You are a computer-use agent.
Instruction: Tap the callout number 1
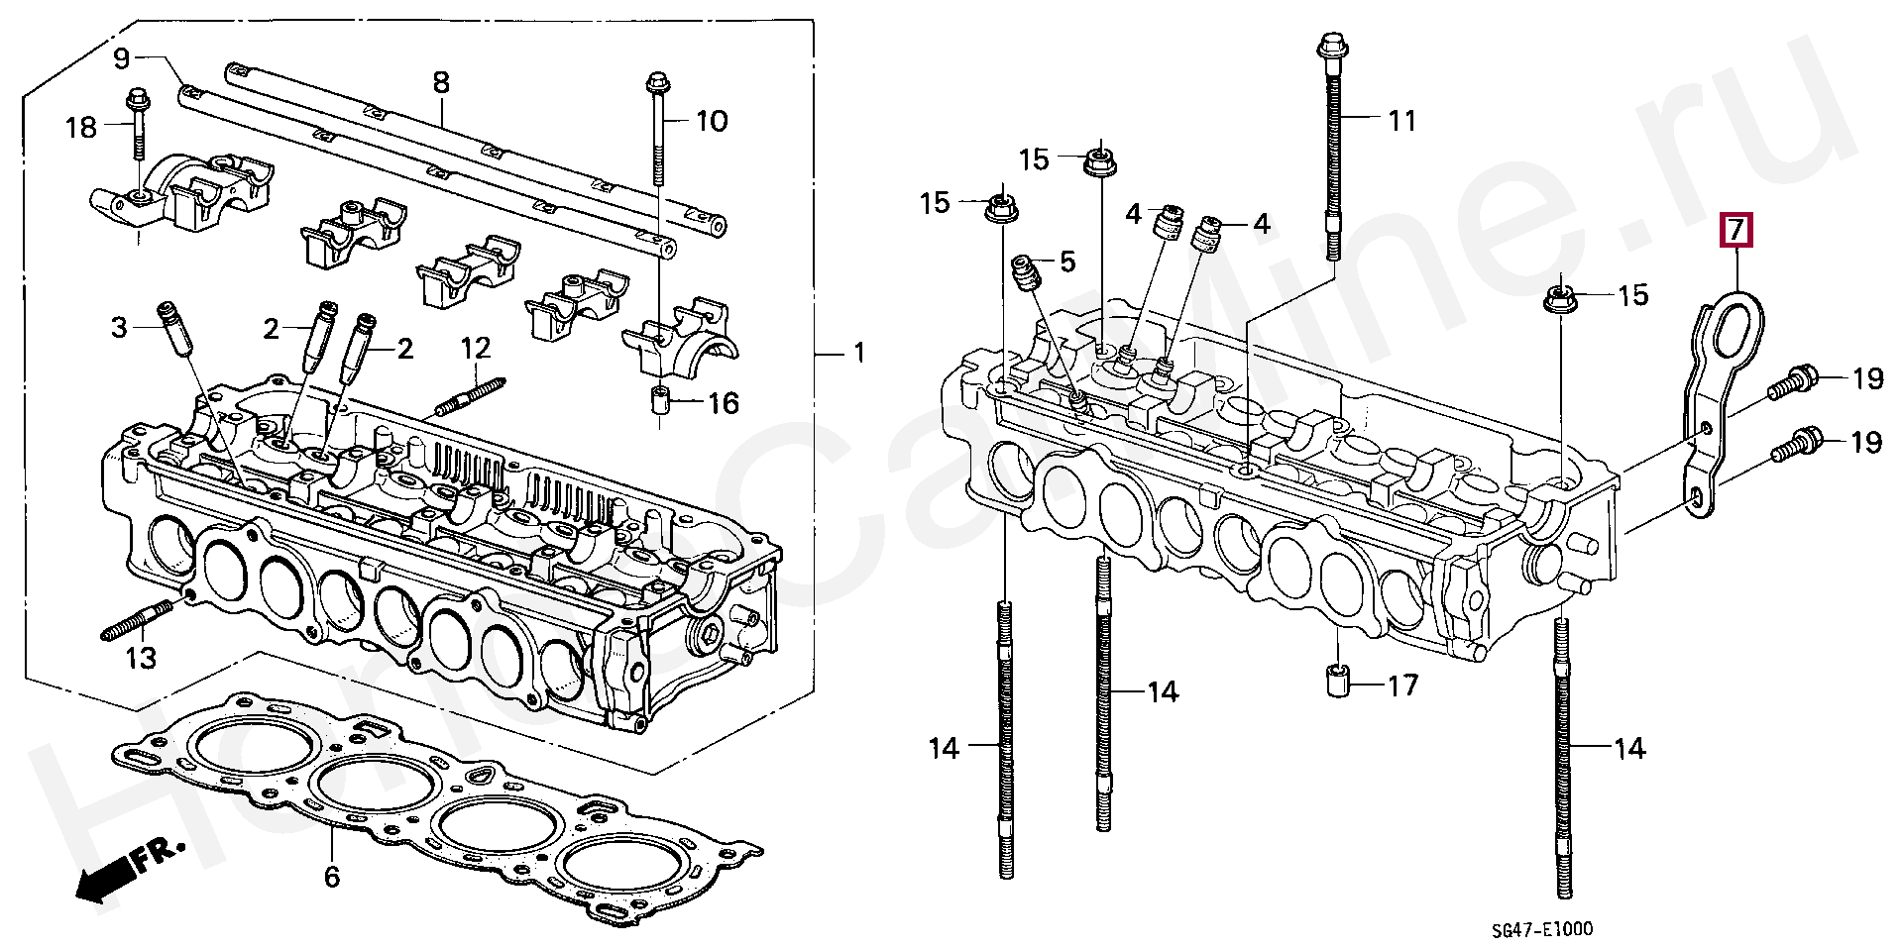858,353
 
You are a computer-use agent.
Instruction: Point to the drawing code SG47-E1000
1543,929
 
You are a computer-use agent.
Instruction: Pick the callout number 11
1400,121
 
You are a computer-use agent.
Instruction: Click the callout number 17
1402,685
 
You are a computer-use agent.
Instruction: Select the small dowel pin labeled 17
1337,683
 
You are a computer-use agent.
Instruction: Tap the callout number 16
724,403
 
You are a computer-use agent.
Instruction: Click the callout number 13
141,657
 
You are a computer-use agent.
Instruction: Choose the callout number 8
441,82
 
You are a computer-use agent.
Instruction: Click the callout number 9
121,58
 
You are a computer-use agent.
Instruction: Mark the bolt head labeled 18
137,99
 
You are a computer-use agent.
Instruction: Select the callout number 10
712,121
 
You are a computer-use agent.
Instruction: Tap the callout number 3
119,327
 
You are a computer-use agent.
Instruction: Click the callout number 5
1066,262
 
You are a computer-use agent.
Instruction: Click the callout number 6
332,876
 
